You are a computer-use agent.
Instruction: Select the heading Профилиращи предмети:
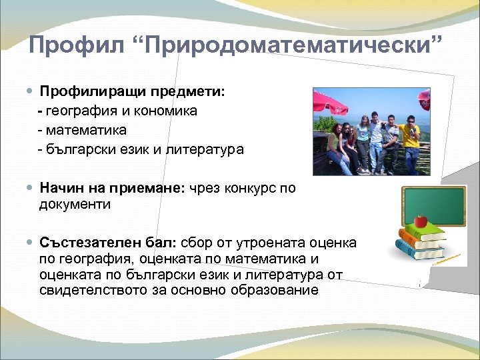tap(132, 91)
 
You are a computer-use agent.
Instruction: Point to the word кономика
tap(166, 110)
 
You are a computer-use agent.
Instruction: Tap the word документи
tap(75, 205)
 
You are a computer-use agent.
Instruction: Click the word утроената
tap(284, 242)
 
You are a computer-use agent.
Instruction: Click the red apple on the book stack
tap(420, 221)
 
